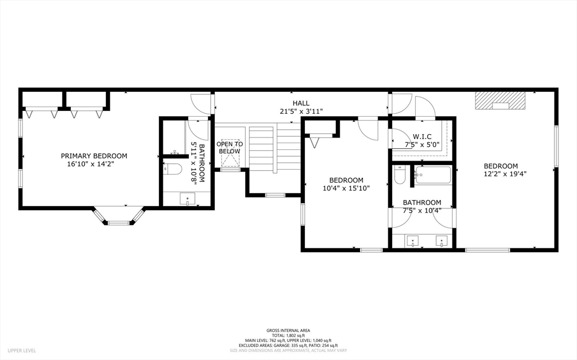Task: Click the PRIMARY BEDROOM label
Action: (94, 156)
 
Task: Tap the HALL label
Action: (301, 104)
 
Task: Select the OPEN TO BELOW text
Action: (230, 148)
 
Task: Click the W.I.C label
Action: (422, 137)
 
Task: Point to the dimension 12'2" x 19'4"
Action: (505, 174)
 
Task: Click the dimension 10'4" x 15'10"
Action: (346, 188)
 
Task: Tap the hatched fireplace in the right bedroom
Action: (500, 100)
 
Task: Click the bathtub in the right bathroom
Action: (433, 175)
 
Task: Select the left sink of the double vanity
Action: (412, 242)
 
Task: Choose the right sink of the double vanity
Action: (442, 242)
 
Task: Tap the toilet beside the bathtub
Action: (400, 175)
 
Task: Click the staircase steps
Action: (275, 149)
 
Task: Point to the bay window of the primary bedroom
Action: (118, 216)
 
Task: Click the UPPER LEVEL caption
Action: (22, 350)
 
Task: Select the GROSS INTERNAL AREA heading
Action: (288, 331)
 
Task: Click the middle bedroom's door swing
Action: (367, 128)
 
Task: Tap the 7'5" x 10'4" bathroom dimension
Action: (422, 211)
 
